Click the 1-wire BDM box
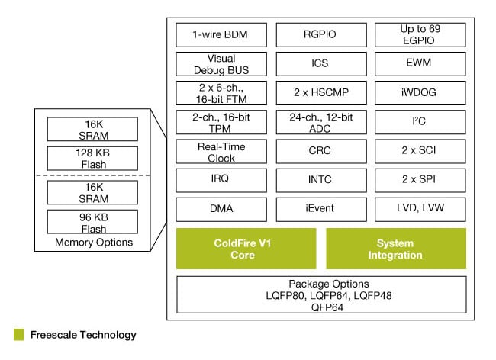[221, 34]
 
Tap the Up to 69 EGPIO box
[420, 34]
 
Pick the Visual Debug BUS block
[221, 63]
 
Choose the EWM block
[420, 63]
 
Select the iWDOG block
[420, 92]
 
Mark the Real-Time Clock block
[221, 150]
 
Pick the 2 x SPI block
[420, 180]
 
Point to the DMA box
[221, 209]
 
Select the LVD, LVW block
[420, 209]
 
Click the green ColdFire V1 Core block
[246, 249]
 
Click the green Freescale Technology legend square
[18, 335]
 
